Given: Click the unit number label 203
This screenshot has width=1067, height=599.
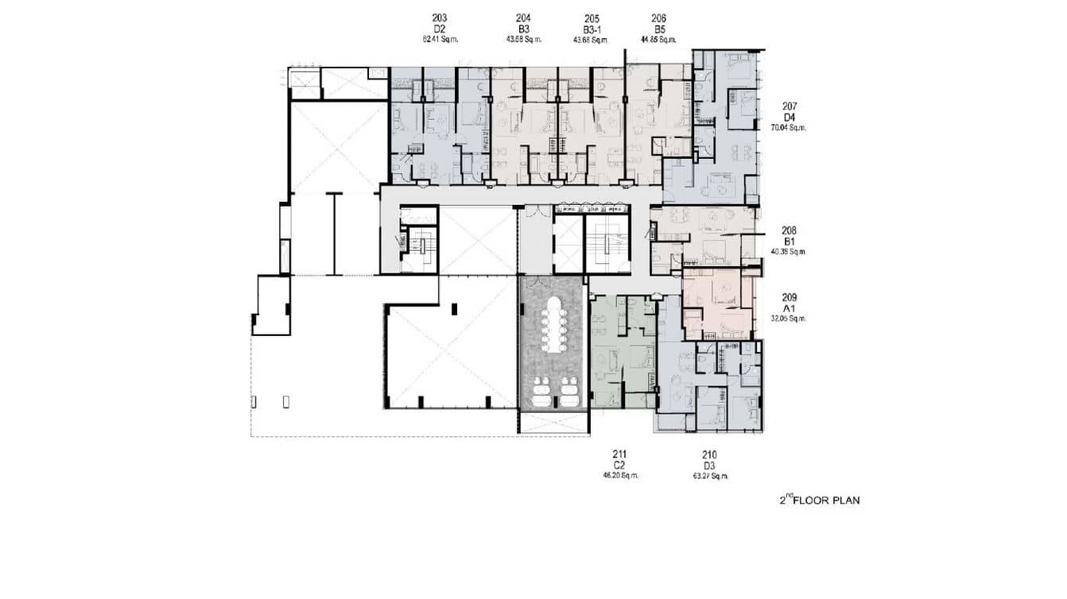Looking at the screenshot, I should point(440,17).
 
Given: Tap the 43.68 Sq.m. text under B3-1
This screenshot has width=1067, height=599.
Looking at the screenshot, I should point(591,37).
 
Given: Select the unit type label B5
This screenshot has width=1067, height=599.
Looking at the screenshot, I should point(658,28).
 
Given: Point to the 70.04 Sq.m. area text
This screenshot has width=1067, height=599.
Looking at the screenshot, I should point(789,126).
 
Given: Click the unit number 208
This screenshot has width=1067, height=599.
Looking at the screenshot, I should point(789,231).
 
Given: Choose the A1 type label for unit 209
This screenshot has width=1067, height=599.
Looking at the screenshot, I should point(789,308).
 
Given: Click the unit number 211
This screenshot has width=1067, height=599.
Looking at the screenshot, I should point(620,455).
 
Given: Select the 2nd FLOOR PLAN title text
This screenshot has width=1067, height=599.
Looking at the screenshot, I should point(819,500).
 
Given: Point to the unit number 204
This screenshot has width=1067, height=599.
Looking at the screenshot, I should point(523,17).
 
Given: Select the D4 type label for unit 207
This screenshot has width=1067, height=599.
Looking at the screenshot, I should point(789,116).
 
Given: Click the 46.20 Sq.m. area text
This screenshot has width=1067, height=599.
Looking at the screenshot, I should point(620,475).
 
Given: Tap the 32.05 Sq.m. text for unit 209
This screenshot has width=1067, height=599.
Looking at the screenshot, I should point(789,318).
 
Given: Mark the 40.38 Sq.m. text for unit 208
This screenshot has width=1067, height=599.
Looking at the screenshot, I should point(789,251).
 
